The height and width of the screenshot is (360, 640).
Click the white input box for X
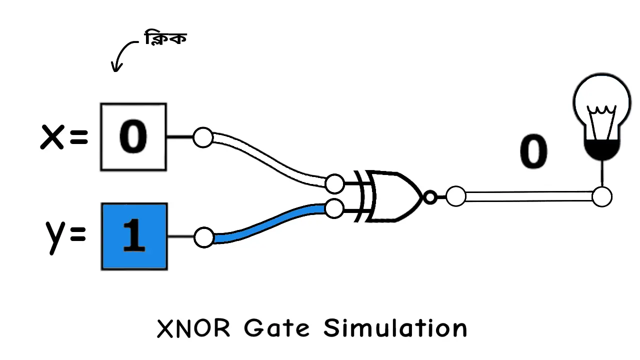pyautogui.click(x=133, y=137)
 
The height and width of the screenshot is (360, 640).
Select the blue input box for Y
pyautogui.click(x=134, y=236)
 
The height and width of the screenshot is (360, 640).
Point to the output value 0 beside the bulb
pyautogui.click(x=533, y=152)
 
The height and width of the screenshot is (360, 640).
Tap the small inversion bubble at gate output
pyautogui.click(x=429, y=197)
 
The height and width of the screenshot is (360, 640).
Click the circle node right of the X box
pyautogui.click(x=203, y=137)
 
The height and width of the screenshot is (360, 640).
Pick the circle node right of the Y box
pyautogui.click(x=203, y=237)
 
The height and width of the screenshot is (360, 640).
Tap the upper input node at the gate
pyautogui.click(x=334, y=183)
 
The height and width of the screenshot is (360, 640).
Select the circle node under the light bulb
pyautogui.click(x=601, y=197)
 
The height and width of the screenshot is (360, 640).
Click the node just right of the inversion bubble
pyautogui.click(x=455, y=196)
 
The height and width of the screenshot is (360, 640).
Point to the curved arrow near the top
pyautogui.click(x=121, y=55)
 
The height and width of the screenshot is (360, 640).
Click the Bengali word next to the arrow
pyautogui.click(x=165, y=38)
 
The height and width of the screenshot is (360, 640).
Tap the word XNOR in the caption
pyautogui.click(x=194, y=329)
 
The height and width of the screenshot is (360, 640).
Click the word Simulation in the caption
pyautogui.click(x=395, y=329)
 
